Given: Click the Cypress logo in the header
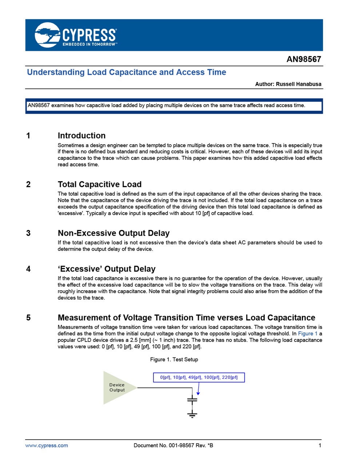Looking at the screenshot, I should coord(76,35).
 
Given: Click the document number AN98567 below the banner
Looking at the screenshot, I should coord(304,59).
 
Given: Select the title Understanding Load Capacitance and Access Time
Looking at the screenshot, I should coord(127,72).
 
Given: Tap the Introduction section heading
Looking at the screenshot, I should coord(81,136).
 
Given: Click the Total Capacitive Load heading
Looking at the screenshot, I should coord(99,184).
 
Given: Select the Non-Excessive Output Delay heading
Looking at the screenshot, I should coord(113,233).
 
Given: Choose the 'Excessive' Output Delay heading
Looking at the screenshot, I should coord(107,269).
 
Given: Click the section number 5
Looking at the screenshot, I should coord(28,318).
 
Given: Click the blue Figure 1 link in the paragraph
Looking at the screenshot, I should coord(308,333).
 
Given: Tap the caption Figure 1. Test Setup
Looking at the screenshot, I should coord(174,359).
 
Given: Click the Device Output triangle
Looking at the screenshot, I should coord(117,388).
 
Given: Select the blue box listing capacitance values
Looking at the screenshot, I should coord(199,377).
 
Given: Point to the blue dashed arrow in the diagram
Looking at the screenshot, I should coord(199,389).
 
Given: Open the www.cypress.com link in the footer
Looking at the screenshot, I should coord(47,445).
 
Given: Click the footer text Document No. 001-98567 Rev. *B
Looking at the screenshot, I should coord(173,445).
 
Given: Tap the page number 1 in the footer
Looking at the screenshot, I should coord(320,445).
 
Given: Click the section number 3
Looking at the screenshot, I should coord(28,233).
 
